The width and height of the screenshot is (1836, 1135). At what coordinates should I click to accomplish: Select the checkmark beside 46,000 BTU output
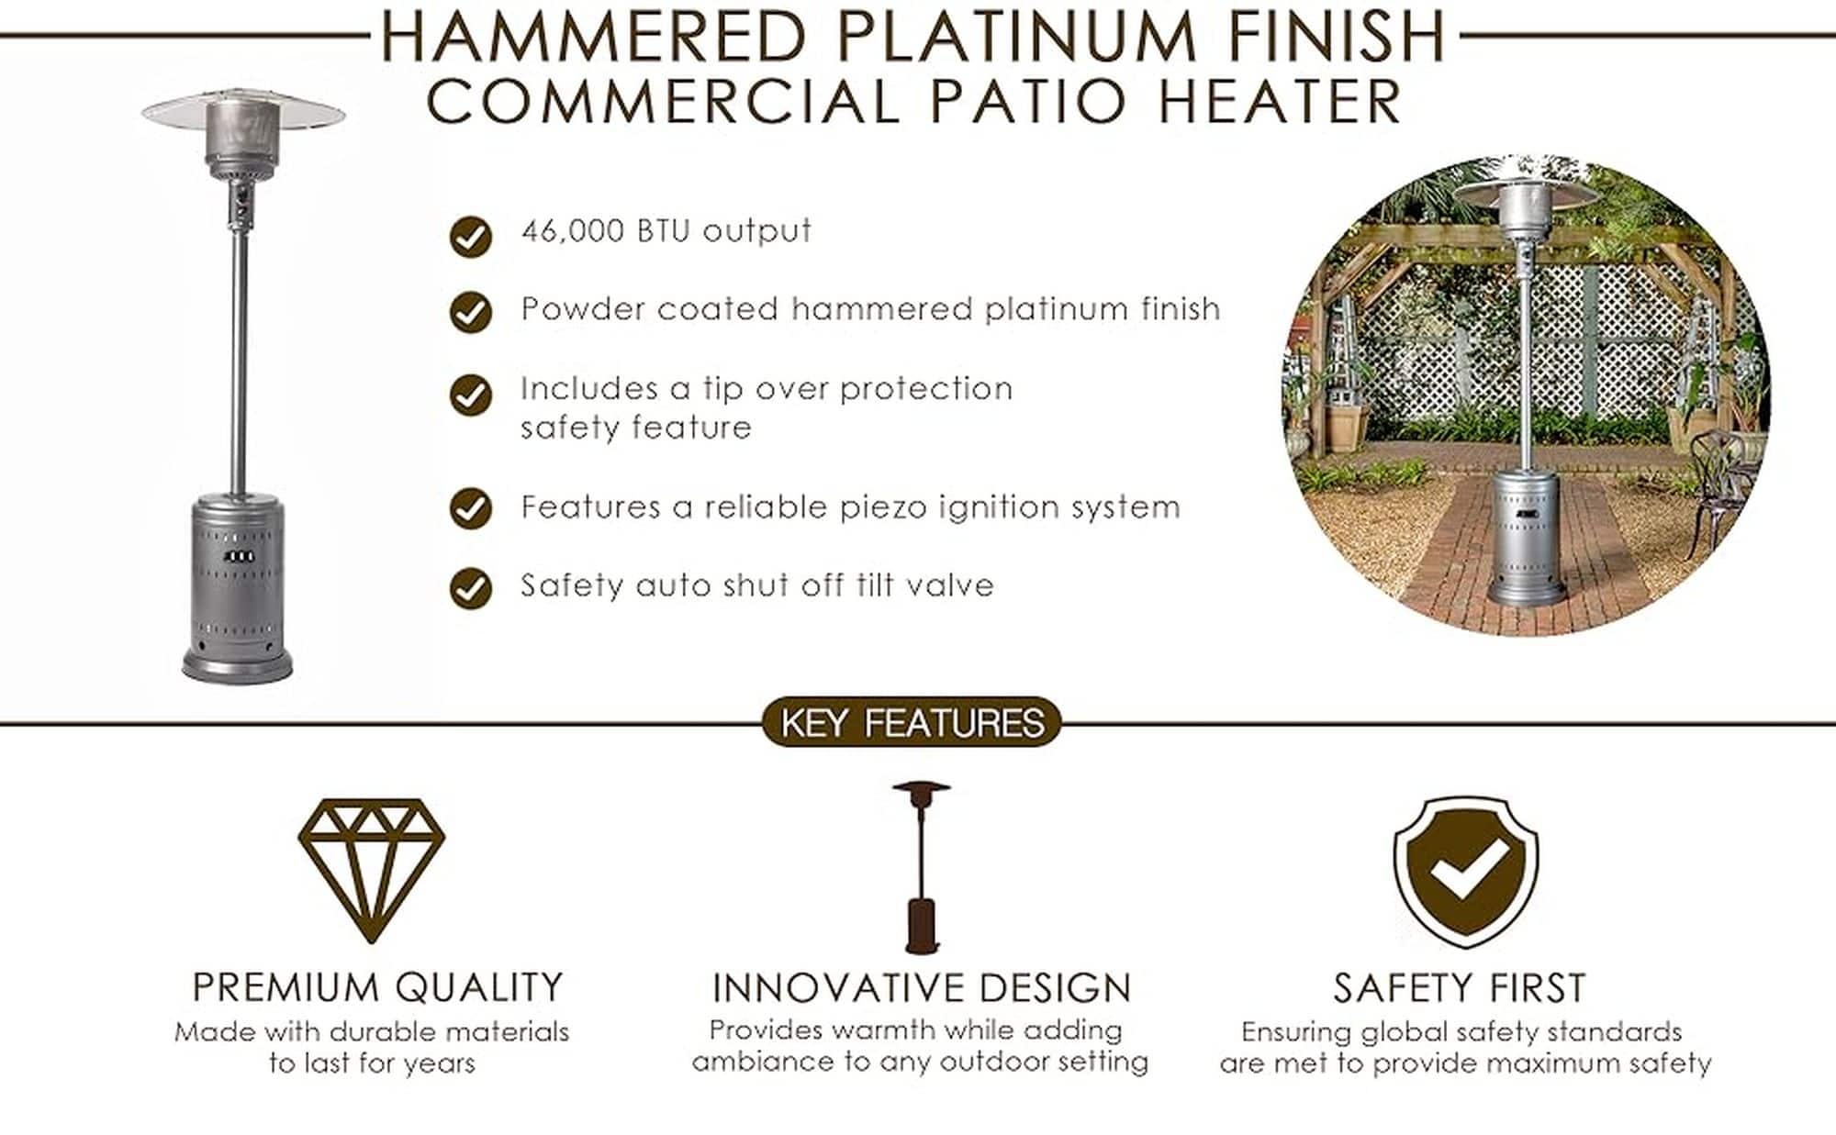[x=471, y=237]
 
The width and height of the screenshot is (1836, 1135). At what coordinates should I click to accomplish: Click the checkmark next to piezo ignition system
[x=471, y=508]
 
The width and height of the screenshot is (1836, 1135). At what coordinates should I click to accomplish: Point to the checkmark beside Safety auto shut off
[x=471, y=588]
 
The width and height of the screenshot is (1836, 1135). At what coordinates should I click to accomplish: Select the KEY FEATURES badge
[x=912, y=722]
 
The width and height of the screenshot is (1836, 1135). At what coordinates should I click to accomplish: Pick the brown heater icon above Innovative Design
[x=921, y=867]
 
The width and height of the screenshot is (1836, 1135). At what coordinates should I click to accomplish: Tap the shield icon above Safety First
[x=1466, y=872]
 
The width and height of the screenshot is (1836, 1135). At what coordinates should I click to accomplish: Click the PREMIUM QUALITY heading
[x=377, y=987]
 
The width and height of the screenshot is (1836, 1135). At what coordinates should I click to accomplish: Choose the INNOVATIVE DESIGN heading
[x=922, y=988]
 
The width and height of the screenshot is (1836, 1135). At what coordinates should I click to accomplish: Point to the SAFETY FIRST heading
[x=1460, y=988]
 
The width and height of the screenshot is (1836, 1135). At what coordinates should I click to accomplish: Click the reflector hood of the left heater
[x=243, y=111]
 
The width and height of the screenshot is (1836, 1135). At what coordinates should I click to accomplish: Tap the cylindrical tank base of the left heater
[x=238, y=587]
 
